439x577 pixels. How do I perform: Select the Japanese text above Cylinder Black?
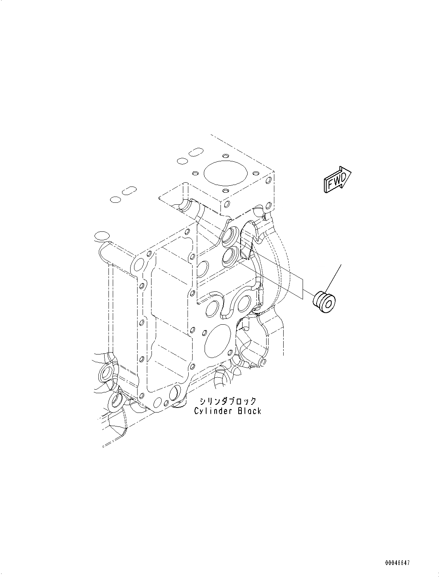click(227, 401)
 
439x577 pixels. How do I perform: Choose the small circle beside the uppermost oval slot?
click(180, 161)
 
